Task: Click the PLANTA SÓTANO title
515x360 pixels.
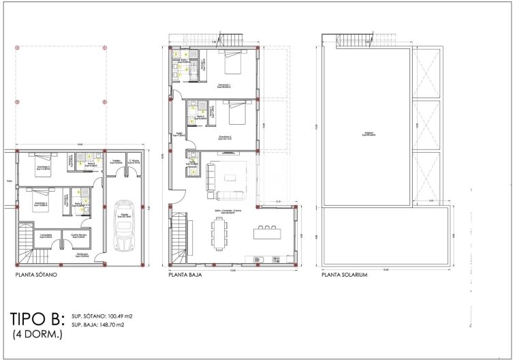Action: click(x=35, y=275)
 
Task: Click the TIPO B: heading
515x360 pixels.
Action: click(x=38, y=319)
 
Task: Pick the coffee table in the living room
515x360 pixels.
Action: click(x=229, y=177)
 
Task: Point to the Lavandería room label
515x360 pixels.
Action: click(x=47, y=236)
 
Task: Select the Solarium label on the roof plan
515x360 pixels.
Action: click(x=369, y=134)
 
